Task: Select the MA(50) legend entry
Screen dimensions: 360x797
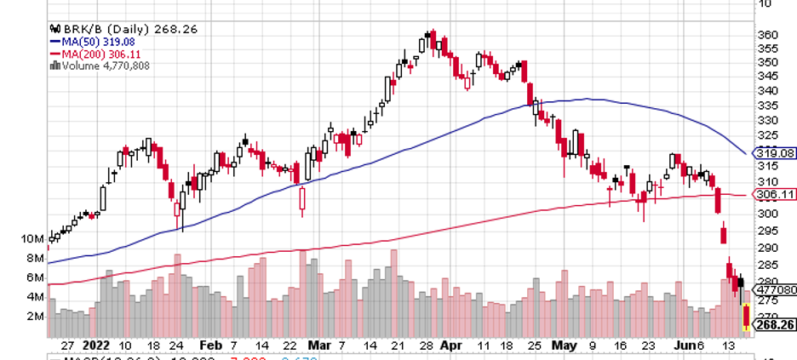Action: pyautogui.click(x=91, y=41)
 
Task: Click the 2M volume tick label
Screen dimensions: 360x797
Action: pyautogui.click(x=34, y=317)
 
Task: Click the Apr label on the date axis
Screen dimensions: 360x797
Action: pyautogui.click(x=451, y=346)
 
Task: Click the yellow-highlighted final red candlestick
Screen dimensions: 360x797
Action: pyautogui.click(x=747, y=317)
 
